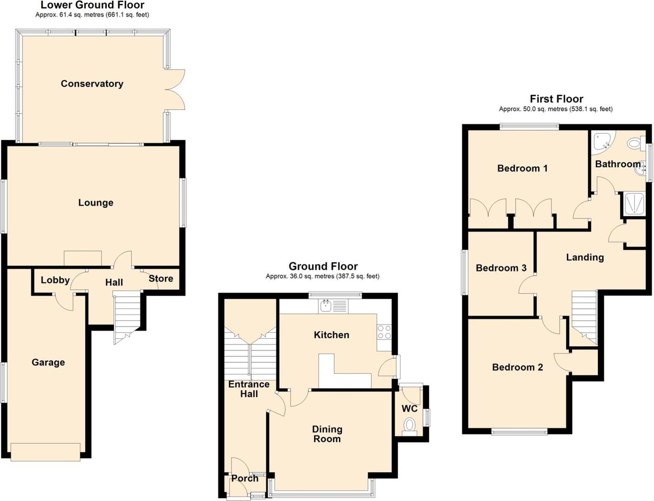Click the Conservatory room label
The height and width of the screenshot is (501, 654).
(x=92, y=84)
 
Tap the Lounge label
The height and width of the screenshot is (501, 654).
(x=96, y=203)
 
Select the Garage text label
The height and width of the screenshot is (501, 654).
(x=48, y=363)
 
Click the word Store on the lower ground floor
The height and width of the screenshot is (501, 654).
(x=161, y=279)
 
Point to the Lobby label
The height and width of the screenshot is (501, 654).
(x=55, y=280)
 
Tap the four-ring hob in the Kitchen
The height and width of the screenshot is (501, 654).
(x=384, y=332)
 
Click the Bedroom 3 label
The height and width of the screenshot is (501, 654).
(x=501, y=268)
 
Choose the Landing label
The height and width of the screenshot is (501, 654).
(x=585, y=257)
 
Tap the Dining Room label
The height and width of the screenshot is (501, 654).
(x=327, y=434)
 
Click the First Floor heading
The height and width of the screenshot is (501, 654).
(x=556, y=99)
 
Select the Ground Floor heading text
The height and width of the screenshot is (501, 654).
(x=323, y=266)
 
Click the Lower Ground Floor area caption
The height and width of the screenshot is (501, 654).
(x=92, y=15)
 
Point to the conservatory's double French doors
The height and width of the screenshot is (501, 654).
(x=176, y=90)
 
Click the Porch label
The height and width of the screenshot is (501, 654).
(x=245, y=478)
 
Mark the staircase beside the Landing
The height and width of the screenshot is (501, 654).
(x=584, y=315)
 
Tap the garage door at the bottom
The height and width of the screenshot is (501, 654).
(x=45, y=452)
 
